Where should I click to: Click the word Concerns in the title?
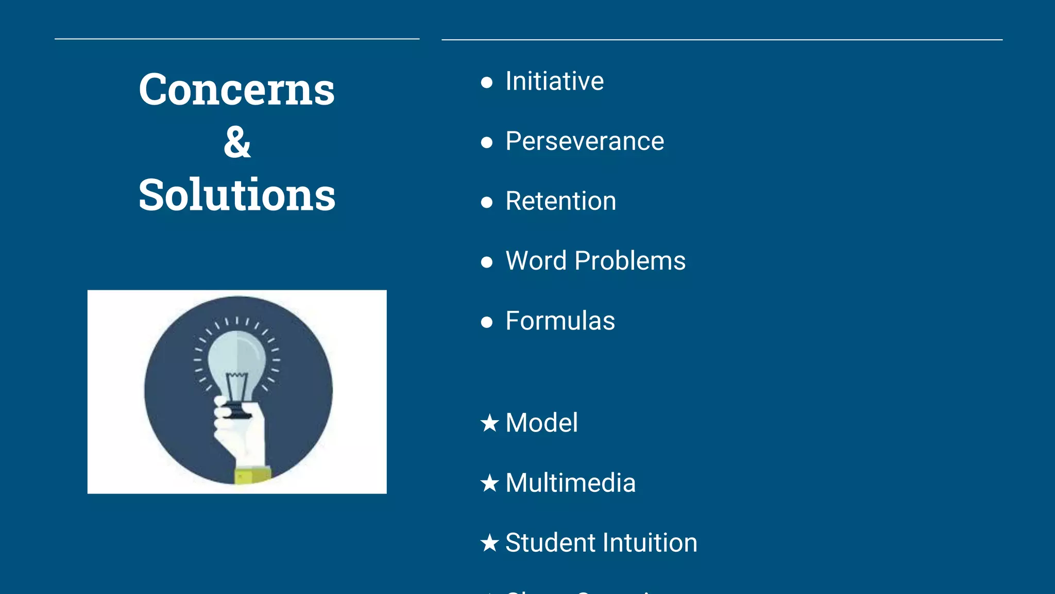236,90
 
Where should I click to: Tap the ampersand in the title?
237,142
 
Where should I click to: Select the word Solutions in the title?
236,195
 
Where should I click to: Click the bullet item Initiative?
554,81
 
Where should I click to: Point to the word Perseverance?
585,141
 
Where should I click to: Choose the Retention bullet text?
560,201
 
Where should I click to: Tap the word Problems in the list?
629,261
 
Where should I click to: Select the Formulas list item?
560,321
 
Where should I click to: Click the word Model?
541,423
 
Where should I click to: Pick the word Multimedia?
570,483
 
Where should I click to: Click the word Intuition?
650,543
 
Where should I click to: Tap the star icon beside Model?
489,423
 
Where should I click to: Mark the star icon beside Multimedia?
489,484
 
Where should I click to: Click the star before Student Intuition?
489,543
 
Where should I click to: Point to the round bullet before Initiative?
486,82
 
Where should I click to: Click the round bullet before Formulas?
486,322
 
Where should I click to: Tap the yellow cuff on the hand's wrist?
252,475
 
